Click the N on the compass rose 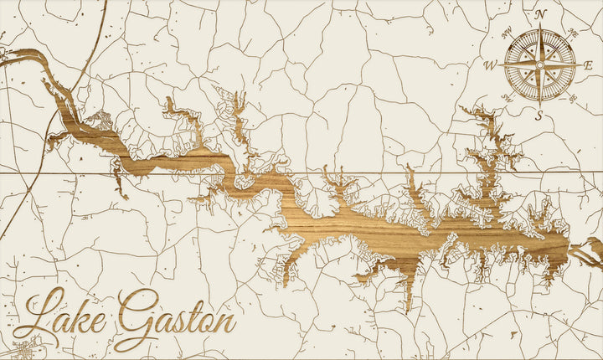[540, 14]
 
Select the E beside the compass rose [589, 64]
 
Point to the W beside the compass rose [491, 64]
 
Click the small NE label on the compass [573, 32]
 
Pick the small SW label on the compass [508, 97]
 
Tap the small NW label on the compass [508, 32]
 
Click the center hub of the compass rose [540, 64]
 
